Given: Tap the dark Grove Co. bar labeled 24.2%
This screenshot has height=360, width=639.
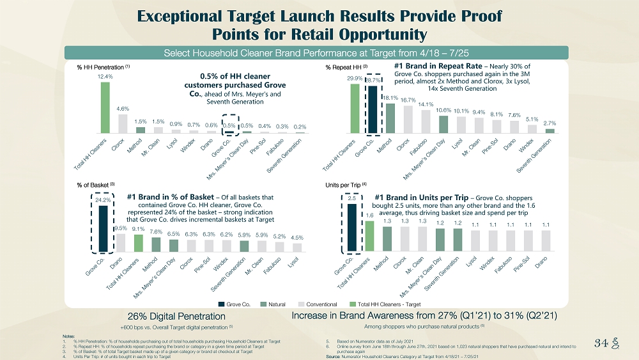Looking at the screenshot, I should pos(102,228).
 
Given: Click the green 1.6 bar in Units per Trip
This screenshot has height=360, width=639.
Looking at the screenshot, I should pos(369,236).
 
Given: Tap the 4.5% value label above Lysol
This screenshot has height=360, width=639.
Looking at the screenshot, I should pos(297,238).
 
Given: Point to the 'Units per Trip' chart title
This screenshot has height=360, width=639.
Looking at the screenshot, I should pos(342,184).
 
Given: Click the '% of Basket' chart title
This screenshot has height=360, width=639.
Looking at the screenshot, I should pos(89,184).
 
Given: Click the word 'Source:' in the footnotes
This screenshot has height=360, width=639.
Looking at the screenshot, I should pos(333,356).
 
